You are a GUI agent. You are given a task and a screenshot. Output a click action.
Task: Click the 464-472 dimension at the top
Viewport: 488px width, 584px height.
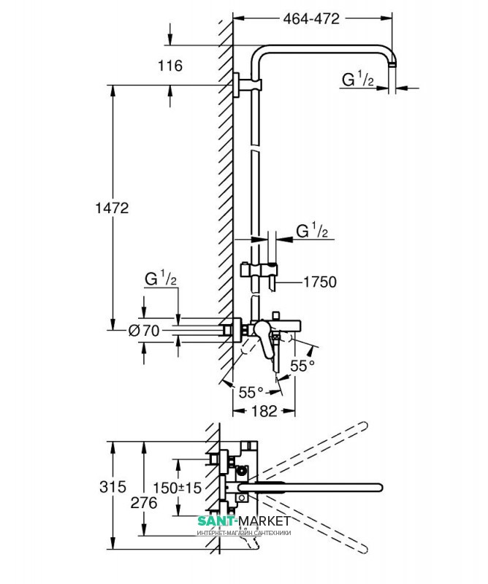click(x=311, y=20)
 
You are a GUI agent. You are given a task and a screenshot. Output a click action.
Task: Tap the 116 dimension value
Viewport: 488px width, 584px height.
click(x=169, y=66)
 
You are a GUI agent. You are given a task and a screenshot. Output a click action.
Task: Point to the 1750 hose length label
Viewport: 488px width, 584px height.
click(x=320, y=281)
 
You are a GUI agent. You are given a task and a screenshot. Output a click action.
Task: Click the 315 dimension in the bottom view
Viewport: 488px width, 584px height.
click(x=110, y=486)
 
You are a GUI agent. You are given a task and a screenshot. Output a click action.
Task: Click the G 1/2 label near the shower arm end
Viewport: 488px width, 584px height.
click(x=359, y=79)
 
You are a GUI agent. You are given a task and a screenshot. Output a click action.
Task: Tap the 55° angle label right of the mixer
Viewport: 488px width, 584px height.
click(x=302, y=364)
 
